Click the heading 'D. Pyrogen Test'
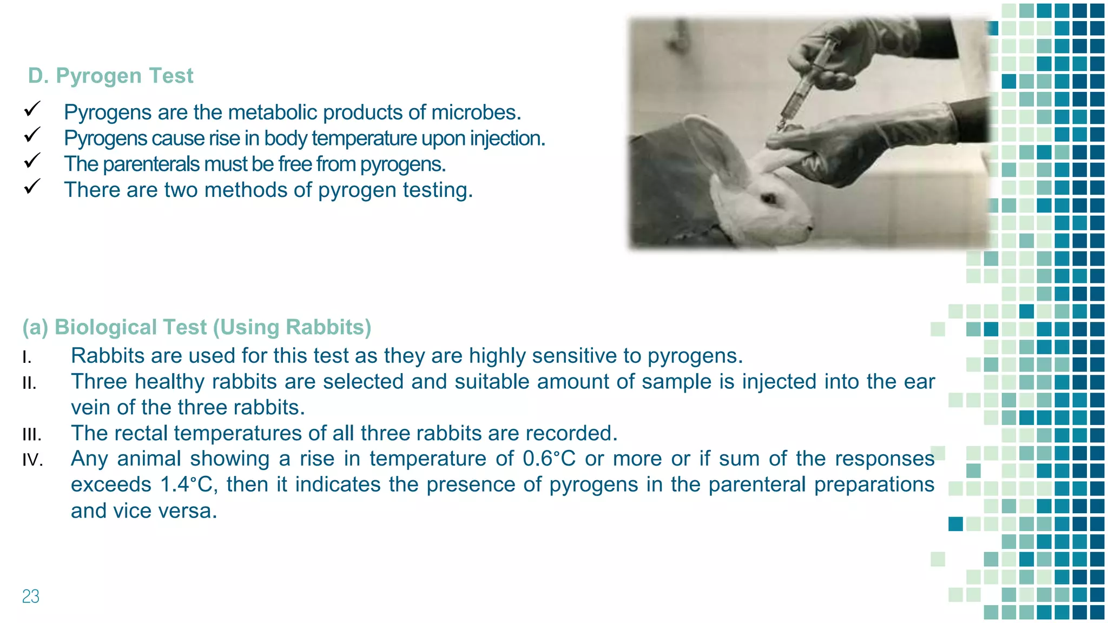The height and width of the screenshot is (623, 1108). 110,76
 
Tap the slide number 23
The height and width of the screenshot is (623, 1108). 31,596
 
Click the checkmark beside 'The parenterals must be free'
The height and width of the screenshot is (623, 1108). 32,161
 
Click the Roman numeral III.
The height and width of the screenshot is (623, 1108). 32,435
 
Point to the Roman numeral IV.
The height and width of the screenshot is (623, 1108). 32,460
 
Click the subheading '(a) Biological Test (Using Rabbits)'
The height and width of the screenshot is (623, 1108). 197,327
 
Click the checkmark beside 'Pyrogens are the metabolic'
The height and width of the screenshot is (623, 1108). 32,109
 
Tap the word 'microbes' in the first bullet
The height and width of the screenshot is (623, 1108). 483,112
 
